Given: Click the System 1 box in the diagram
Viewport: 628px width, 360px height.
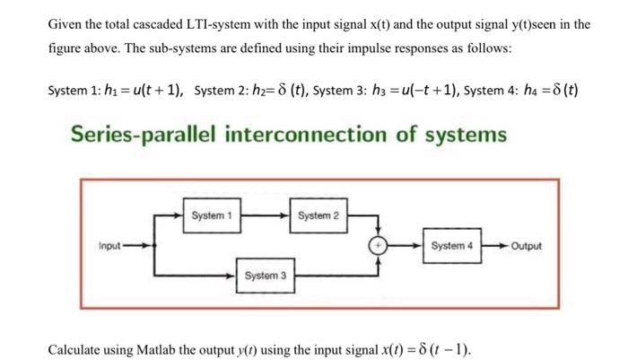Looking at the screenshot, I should (x=212, y=216).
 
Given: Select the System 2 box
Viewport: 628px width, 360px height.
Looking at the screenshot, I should (x=318, y=216).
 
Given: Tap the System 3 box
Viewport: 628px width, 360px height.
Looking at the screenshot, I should (x=265, y=276).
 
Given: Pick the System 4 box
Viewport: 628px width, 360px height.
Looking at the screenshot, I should (x=451, y=245).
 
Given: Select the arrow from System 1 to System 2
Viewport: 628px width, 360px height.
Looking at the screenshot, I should (x=265, y=216).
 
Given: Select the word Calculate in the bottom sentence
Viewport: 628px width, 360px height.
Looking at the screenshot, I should (x=75, y=347).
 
